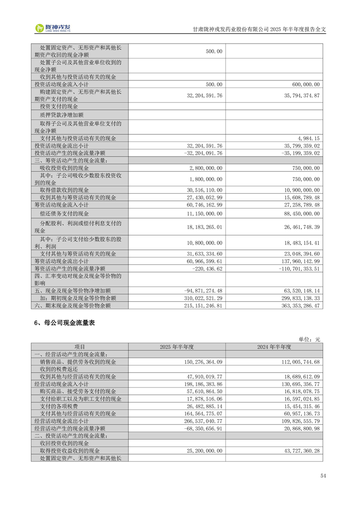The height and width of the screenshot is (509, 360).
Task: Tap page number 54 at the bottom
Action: tap(323, 476)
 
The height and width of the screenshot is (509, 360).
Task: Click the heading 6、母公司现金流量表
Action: tap(64, 323)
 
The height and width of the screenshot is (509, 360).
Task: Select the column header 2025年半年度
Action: tap(177, 347)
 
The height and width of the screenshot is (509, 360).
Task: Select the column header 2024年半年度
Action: tap(274, 347)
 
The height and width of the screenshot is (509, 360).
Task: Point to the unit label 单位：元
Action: tap(310, 339)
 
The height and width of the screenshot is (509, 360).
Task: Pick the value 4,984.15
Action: tap(307, 138)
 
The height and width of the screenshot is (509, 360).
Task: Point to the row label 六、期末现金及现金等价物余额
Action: tap(72, 306)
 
